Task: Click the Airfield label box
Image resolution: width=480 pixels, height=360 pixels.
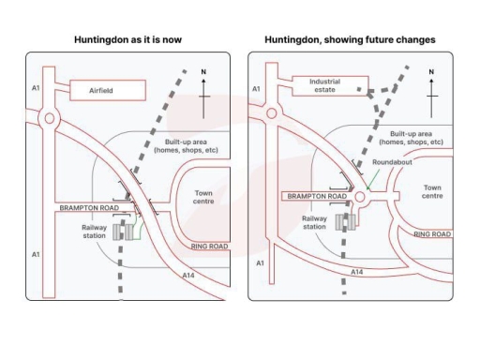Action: [108, 90]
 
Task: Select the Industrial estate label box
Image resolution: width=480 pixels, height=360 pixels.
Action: [324, 85]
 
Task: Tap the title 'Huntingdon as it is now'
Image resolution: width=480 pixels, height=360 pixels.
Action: [127, 40]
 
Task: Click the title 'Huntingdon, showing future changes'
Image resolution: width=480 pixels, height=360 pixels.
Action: [350, 40]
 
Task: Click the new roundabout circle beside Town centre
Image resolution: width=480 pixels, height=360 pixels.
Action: [360, 198]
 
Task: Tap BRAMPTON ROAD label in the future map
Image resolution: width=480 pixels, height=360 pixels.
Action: [316, 197]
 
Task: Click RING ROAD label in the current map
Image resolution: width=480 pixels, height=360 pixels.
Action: [209, 247]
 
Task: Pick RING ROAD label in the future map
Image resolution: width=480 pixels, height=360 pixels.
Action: [432, 233]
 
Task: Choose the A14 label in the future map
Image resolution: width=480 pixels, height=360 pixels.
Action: [356, 271]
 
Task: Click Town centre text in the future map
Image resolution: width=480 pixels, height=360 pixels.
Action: [432, 191]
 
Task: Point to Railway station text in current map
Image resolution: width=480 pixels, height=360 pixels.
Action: [94, 231]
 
